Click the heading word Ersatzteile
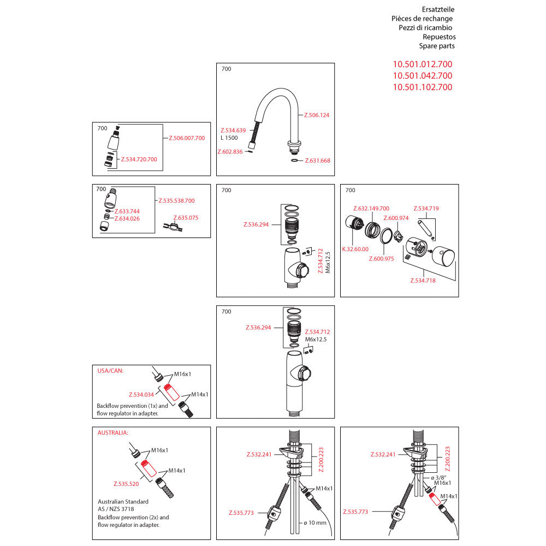[x=438, y=9]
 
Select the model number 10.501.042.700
[x=423, y=76]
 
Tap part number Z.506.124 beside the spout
[x=317, y=115]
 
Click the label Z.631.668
[x=317, y=161]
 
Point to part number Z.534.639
[x=233, y=130]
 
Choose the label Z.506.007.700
[x=187, y=138]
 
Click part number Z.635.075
[x=186, y=217]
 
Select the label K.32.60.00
[x=355, y=248]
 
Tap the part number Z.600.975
[x=381, y=259]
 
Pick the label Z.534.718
[x=423, y=280]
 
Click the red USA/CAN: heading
[x=110, y=370]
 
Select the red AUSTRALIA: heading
[x=112, y=432]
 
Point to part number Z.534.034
[x=141, y=394]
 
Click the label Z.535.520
[x=126, y=484]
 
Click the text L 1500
[x=230, y=138]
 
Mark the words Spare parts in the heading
[x=437, y=46]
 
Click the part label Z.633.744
[x=127, y=211]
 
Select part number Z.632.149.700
[x=371, y=209]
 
